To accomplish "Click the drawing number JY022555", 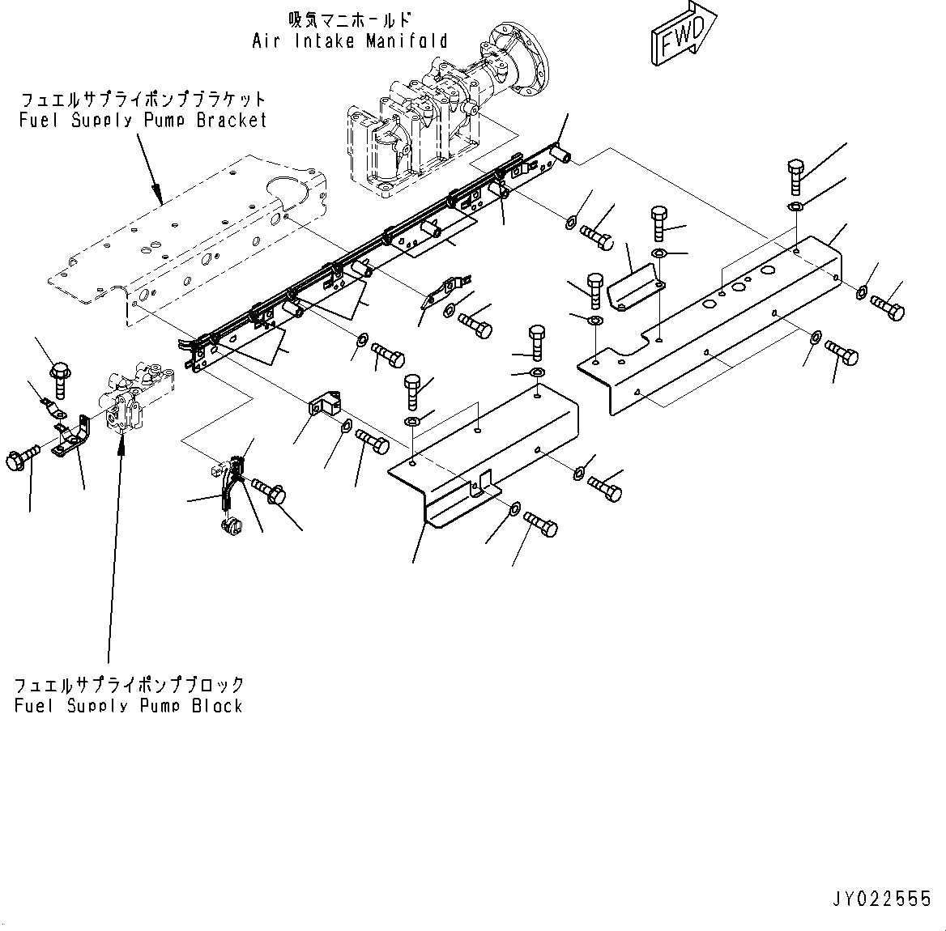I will [x=880, y=899].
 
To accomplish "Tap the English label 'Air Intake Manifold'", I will [x=349, y=40].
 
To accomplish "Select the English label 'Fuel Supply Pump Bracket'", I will [x=143, y=121].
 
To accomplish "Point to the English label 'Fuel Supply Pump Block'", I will [x=128, y=705].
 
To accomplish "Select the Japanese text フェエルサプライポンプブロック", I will [x=128, y=685].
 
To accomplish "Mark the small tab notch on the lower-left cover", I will [x=483, y=484].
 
